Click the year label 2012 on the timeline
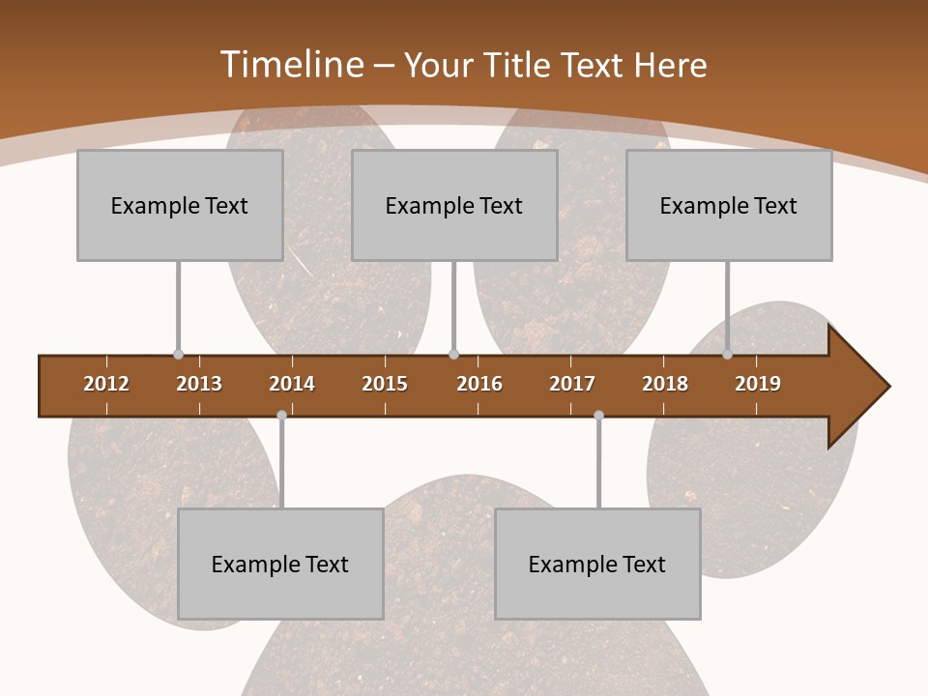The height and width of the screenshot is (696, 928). (x=106, y=384)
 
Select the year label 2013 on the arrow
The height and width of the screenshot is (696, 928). (x=199, y=384)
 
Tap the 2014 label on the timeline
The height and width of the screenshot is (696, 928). (x=292, y=384)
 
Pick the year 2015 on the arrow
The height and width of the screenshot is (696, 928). (x=385, y=384)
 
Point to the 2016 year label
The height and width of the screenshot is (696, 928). (x=479, y=384)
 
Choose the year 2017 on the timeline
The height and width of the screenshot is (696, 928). (x=572, y=384)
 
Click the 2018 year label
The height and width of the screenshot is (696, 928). (x=665, y=384)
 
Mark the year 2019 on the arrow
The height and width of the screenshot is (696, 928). (x=758, y=384)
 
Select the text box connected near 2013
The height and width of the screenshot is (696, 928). (x=180, y=205)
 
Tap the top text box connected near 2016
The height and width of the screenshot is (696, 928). (x=454, y=205)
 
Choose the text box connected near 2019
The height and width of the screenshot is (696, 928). (x=729, y=205)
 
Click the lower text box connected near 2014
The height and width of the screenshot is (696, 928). (x=280, y=564)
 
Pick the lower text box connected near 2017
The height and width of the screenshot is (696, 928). (x=597, y=564)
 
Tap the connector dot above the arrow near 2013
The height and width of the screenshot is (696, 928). (x=179, y=355)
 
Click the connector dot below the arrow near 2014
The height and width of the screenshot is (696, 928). (x=281, y=416)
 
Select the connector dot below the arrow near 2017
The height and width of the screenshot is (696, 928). (x=598, y=416)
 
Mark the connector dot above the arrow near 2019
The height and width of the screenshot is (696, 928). (x=728, y=355)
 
